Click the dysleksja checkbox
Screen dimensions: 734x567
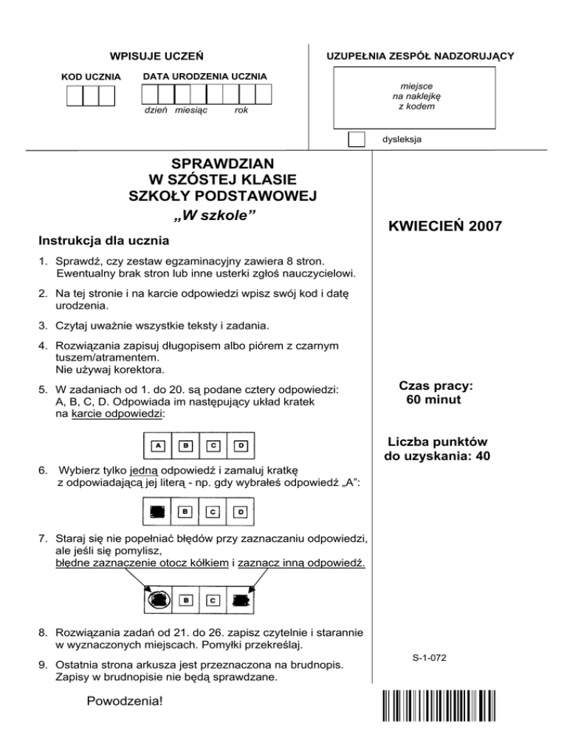[x=357, y=139]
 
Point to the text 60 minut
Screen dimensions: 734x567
[x=433, y=400]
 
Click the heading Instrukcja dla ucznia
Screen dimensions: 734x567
[x=103, y=240]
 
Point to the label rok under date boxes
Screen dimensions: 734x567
[x=241, y=110]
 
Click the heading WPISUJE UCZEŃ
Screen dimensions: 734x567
[x=157, y=56]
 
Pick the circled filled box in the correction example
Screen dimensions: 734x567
[x=157, y=600]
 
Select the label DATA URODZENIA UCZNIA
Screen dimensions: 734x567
[x=205, y=77]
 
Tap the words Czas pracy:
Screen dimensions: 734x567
[x=436, y=385]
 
